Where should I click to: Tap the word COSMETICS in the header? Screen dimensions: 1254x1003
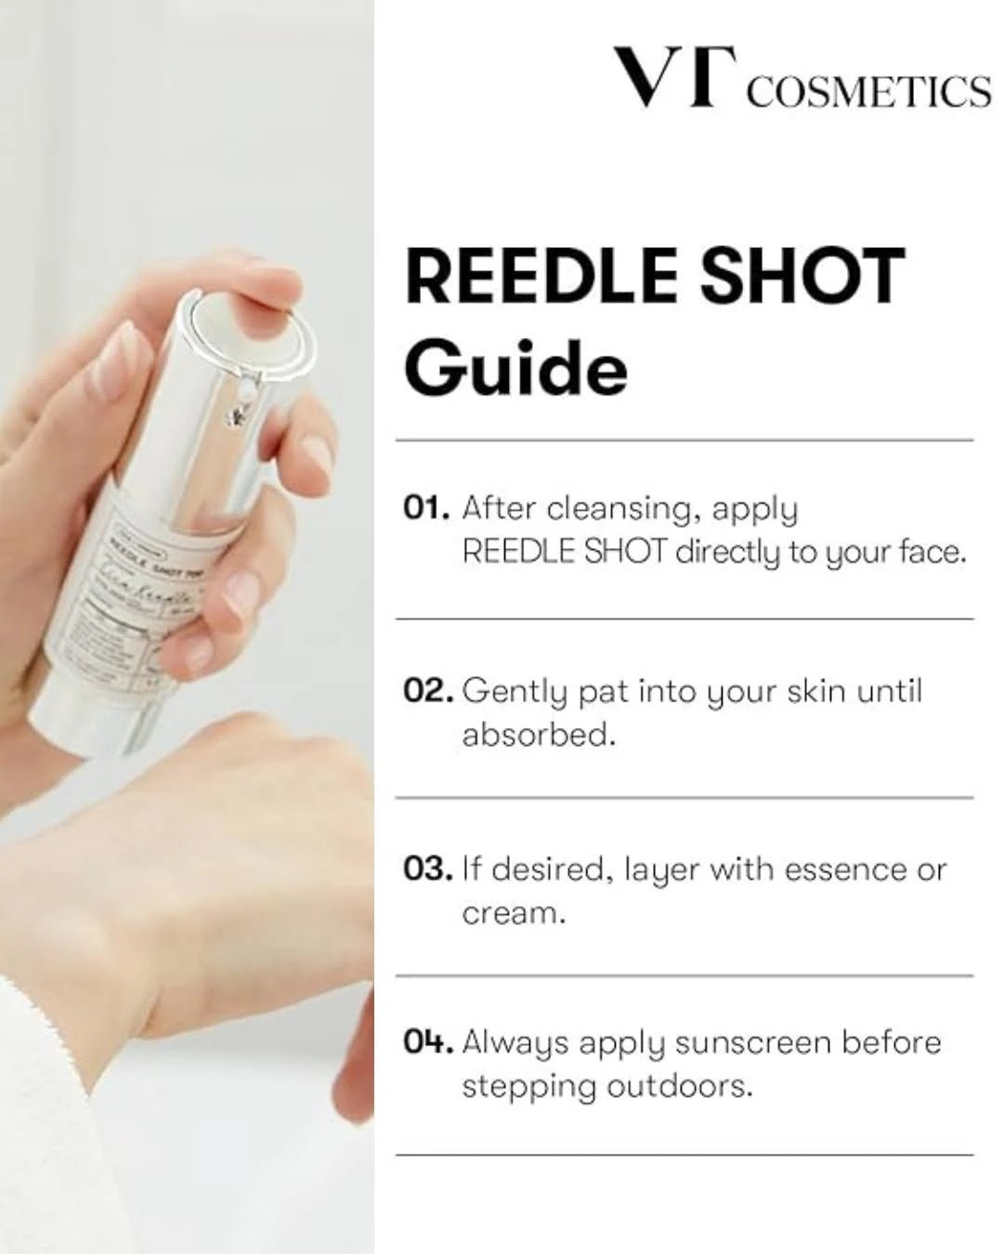868,92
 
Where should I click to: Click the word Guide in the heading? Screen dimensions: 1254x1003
515,369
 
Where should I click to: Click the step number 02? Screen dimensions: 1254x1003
428,691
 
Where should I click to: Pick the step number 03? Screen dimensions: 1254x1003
427,869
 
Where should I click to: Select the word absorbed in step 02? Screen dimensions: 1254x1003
538,735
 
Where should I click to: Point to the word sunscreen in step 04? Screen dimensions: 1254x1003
752,1042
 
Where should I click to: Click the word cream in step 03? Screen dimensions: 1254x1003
512,913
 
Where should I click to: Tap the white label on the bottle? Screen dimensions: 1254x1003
153,594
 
